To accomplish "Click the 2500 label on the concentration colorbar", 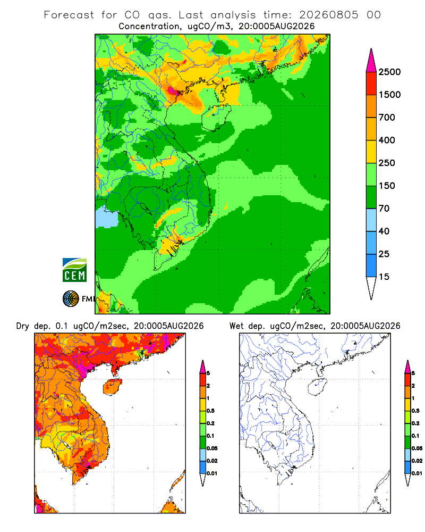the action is click(389, 72).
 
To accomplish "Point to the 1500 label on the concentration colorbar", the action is click(389, 95).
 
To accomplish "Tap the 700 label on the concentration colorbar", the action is click(387, 118).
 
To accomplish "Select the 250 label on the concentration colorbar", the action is click(387, 163).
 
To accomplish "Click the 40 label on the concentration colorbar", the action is click(384, 231).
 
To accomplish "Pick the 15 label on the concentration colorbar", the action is click(384, 277).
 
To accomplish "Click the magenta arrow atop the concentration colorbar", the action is click(371, 61).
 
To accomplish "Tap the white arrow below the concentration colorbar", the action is click(371, 288).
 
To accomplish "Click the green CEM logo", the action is click(74, 270).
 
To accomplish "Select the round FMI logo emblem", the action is click(71, 299).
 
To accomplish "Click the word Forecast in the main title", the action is click(69, 15).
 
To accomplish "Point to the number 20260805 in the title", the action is click(328, 15).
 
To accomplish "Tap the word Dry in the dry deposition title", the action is click(22, 326).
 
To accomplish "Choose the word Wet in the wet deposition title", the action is click(236, 326).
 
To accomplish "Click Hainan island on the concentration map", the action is click(216, 118).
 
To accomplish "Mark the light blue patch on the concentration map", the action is click(106, 218).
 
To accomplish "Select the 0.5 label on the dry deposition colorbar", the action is click(210, 411).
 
